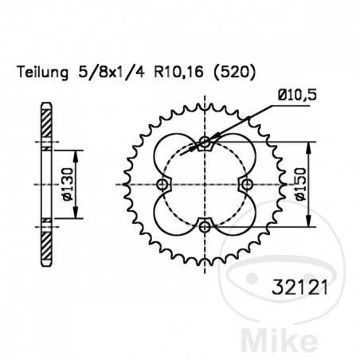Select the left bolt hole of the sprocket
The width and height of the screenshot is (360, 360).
pos(163,185)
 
